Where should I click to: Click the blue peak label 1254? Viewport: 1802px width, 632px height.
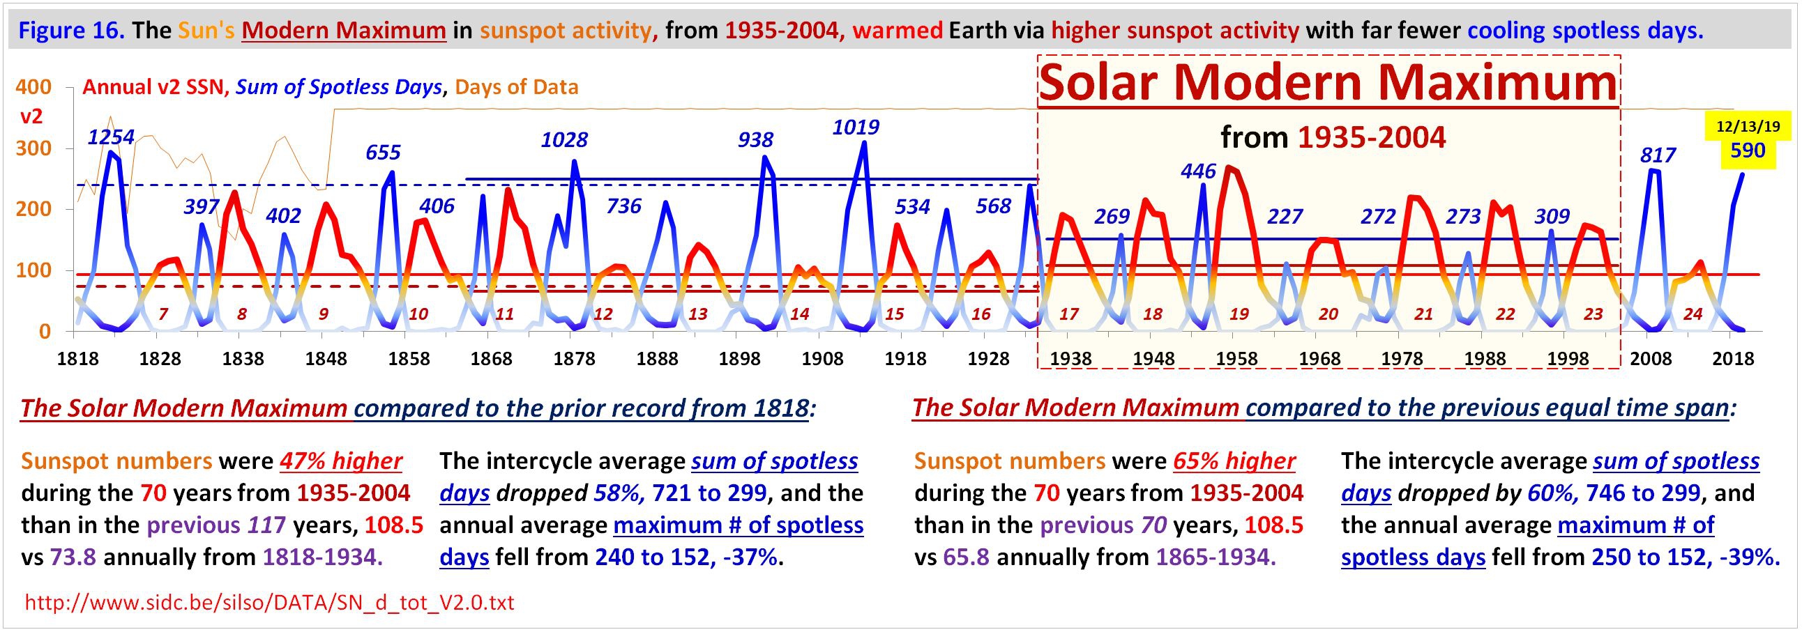tap(110, 137)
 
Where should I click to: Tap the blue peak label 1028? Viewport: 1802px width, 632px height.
tap(564, 140)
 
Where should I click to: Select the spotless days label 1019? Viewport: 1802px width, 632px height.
tap(856, 128)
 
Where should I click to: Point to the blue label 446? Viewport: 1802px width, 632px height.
tap(1198, 171)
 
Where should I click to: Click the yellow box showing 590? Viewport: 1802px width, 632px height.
tap(1748, 151)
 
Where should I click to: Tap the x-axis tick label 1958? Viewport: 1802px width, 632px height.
tap(1236, 360)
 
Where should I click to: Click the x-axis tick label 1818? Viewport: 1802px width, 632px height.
tap(77, 360)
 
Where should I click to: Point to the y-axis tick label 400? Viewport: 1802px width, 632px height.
tap(33, 87)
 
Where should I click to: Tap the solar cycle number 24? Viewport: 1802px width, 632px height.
tap(1693, 314)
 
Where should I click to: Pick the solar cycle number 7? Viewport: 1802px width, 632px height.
tap(163, 314)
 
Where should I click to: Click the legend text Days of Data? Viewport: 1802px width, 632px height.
tap(516, 87)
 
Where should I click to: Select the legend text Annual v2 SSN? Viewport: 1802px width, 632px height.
tap(153, 87)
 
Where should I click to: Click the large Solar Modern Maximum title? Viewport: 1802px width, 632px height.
tap(1328, 82)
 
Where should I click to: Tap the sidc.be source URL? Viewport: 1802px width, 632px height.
tap(269, 603)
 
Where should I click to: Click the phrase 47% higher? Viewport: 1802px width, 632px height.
tap(341, 461)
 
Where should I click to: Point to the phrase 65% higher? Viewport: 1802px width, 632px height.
tap(1234, 461)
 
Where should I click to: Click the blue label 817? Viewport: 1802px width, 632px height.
tap(1658, 155)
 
